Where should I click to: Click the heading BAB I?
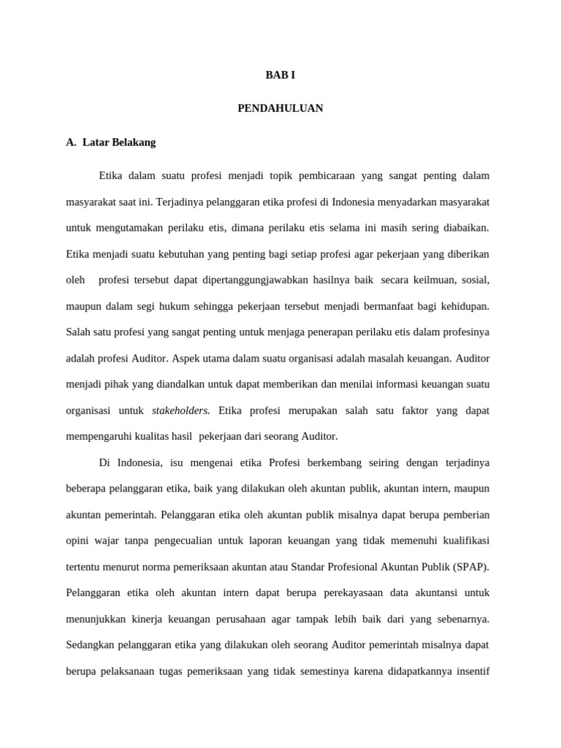pyautogui.click(x=280, y=75)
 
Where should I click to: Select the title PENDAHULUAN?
pyautogui.click(x=280, y=109)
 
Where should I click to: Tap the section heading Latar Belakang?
pyautogui.click(x=119, y=142)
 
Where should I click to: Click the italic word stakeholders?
pyautogui.click(x=181, y=411)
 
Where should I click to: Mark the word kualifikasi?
pyautogui.click(x=463, y=541)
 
